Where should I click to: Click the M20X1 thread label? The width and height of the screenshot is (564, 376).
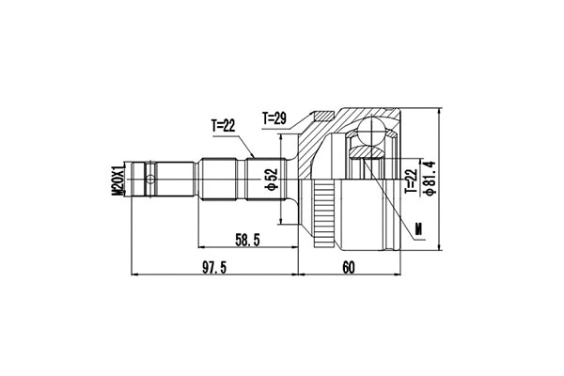coord(117,180)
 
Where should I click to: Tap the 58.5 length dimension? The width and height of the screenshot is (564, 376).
coord(248,242)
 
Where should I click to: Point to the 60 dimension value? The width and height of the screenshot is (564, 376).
coord(348,268)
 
